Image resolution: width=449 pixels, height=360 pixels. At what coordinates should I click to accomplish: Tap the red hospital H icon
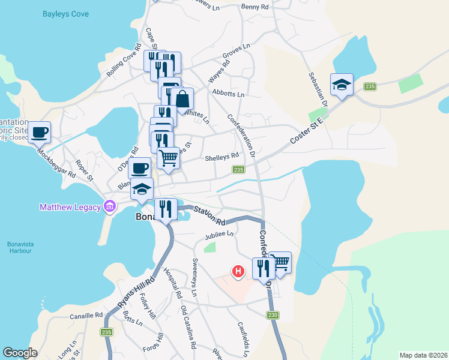[x=239, y=272]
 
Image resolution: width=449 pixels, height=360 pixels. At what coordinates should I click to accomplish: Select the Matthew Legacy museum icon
[x=110, y=208]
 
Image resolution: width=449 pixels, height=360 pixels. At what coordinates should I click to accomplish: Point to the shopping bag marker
[x=182, y=99]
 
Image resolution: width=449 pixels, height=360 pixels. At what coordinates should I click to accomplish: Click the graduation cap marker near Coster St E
[x=342, y=85]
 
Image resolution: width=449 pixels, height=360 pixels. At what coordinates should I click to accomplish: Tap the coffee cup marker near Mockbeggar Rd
[x=40, y=132]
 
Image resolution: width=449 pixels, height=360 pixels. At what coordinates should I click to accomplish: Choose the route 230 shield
[x=273, y=315]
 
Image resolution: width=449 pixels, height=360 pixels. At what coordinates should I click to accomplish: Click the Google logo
[x=20, y=352]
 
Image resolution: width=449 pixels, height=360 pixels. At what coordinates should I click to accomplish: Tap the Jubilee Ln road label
[x=218, y=236]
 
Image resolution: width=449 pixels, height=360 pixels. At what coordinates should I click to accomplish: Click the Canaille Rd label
[x=86, y=315]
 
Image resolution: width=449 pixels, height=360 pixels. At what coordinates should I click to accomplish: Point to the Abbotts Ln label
[x=229, y=94]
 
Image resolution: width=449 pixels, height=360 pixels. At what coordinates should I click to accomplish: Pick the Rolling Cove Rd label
[x=123, y=62]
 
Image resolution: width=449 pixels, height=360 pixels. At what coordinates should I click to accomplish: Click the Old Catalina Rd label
[x=188, y=328]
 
